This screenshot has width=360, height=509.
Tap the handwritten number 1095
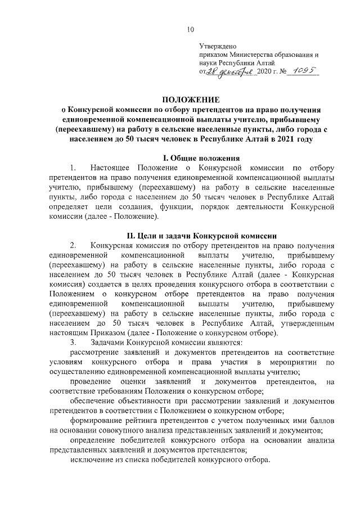[x=301, y=71]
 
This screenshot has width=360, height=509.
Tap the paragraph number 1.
[x=73, y=168]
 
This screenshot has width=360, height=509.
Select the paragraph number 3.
[x=73, y=342]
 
